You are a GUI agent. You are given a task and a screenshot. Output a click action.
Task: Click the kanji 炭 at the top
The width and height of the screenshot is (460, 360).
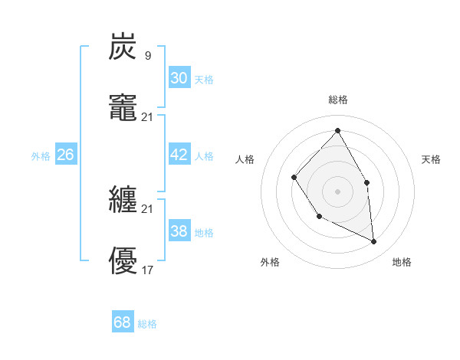tap(123, 47)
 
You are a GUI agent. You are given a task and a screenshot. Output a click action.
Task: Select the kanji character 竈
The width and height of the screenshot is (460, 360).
tap(123, 108)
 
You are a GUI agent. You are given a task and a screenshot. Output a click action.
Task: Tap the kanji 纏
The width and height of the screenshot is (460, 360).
tap(123, 201)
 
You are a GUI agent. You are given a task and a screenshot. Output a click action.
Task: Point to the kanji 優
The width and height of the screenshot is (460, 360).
tap(123, 261)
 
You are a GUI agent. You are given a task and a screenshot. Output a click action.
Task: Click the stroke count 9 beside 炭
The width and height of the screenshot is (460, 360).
tap(147, 55)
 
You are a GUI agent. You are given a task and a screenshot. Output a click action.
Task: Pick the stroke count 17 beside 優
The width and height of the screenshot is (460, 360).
tap(148, 270)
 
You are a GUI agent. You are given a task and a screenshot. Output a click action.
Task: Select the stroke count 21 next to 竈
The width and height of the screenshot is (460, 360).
tap(148, 116)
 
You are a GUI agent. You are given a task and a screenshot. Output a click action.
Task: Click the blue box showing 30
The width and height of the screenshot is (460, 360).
tap(179, 78)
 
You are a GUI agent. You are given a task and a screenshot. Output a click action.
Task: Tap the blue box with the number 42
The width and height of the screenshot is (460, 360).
tap(179, 155)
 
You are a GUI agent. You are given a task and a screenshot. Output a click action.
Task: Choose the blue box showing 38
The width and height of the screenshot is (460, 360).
tap(179, 231)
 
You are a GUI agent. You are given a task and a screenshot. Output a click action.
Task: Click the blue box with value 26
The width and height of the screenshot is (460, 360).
tap(65, 155)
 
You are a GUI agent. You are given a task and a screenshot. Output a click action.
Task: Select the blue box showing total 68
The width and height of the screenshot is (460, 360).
tap(123, 322)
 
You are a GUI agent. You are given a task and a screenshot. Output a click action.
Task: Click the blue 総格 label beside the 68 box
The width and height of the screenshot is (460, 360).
tap(147, 324)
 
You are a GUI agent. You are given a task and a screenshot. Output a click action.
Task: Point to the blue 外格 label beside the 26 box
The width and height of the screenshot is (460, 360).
tap(41, 156)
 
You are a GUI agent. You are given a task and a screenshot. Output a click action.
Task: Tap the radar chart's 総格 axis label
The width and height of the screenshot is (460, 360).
tap(338, 100)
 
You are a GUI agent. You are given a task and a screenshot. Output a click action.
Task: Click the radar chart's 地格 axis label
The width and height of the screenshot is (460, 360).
tap(402, 262)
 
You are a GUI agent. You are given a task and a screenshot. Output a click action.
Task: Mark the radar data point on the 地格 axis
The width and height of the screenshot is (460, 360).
tap(374, 241)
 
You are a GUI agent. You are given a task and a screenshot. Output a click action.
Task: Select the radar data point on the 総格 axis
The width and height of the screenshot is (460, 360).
tap(337, 130)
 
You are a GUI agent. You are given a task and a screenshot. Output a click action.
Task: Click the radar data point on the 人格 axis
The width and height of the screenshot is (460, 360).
tap(294, 177)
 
